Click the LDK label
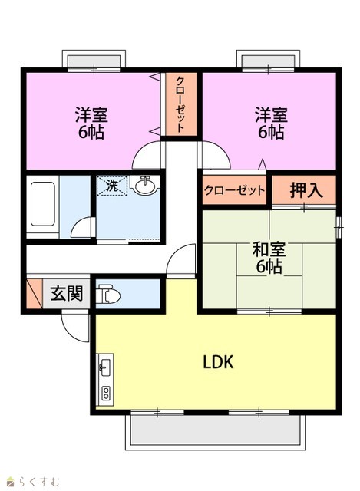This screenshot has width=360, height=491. pos(219,362)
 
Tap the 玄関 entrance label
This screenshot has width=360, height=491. pos(67,293)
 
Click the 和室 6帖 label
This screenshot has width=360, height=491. pos(269,258)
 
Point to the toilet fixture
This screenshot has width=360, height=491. pos(107,294)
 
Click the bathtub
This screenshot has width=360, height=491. pos(43,204)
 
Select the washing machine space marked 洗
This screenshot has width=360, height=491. pos(112,186)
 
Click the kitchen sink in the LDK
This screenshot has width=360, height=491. pos(104,366)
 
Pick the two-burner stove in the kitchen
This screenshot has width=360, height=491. pos(106,394)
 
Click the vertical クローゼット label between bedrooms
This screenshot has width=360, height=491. pos(180,104)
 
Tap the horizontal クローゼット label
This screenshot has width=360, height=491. pos(234,190)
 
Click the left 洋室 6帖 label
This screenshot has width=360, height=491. pos(91,123)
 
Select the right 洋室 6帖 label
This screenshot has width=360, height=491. pos(271,123)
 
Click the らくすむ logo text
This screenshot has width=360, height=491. pos(39,481)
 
